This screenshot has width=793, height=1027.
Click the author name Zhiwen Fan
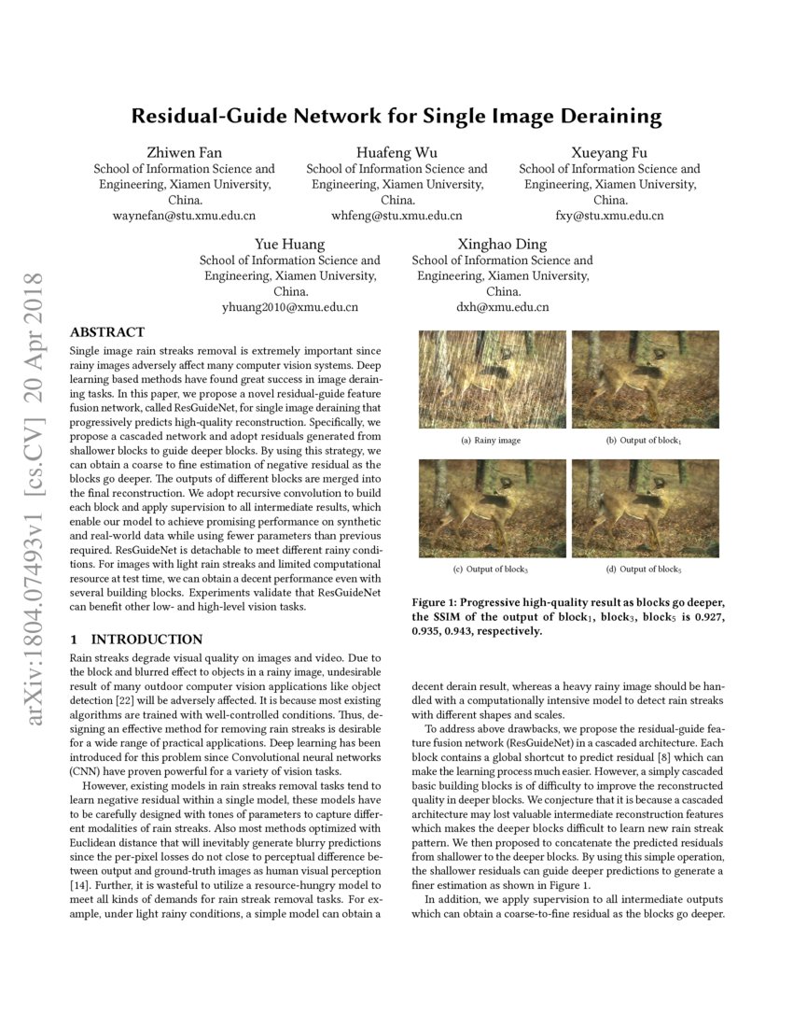point(184,153)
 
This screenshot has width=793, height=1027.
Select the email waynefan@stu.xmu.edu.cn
point(184,216)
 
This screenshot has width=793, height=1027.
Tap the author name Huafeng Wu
point(396,153)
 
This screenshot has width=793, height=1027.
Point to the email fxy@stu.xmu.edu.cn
point(609,216)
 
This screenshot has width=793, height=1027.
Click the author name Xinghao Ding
point(503,245)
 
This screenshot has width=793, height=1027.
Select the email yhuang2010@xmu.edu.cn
point(290,306)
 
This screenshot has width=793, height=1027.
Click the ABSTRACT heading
point(107,332)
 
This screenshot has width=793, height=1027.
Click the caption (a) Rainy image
point(491,440)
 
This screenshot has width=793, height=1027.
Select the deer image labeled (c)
point(492,508)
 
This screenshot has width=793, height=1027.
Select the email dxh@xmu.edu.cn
point(503,306)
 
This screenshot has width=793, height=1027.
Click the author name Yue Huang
point(290,245)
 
